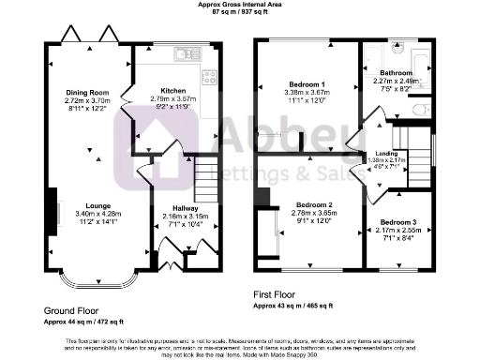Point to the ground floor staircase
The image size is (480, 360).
pyautogui.click(x=205, y=177)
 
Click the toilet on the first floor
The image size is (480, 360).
pyautogui.click(x=422, y=110)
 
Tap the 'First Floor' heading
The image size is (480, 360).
pyautogui.click(x=280, y=293)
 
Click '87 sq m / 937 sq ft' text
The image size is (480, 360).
pyautogui.click(x=239, y=13)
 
